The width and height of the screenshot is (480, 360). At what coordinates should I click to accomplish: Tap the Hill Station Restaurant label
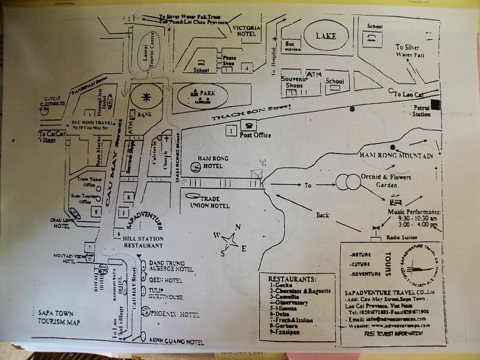click(x=142, y=242)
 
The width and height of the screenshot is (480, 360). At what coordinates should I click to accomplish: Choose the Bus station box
click(x=292, y=47)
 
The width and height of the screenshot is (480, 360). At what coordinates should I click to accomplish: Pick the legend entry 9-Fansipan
click(x=285, y=331)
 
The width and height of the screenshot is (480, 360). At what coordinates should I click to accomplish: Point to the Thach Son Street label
click(x=252, y=113)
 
